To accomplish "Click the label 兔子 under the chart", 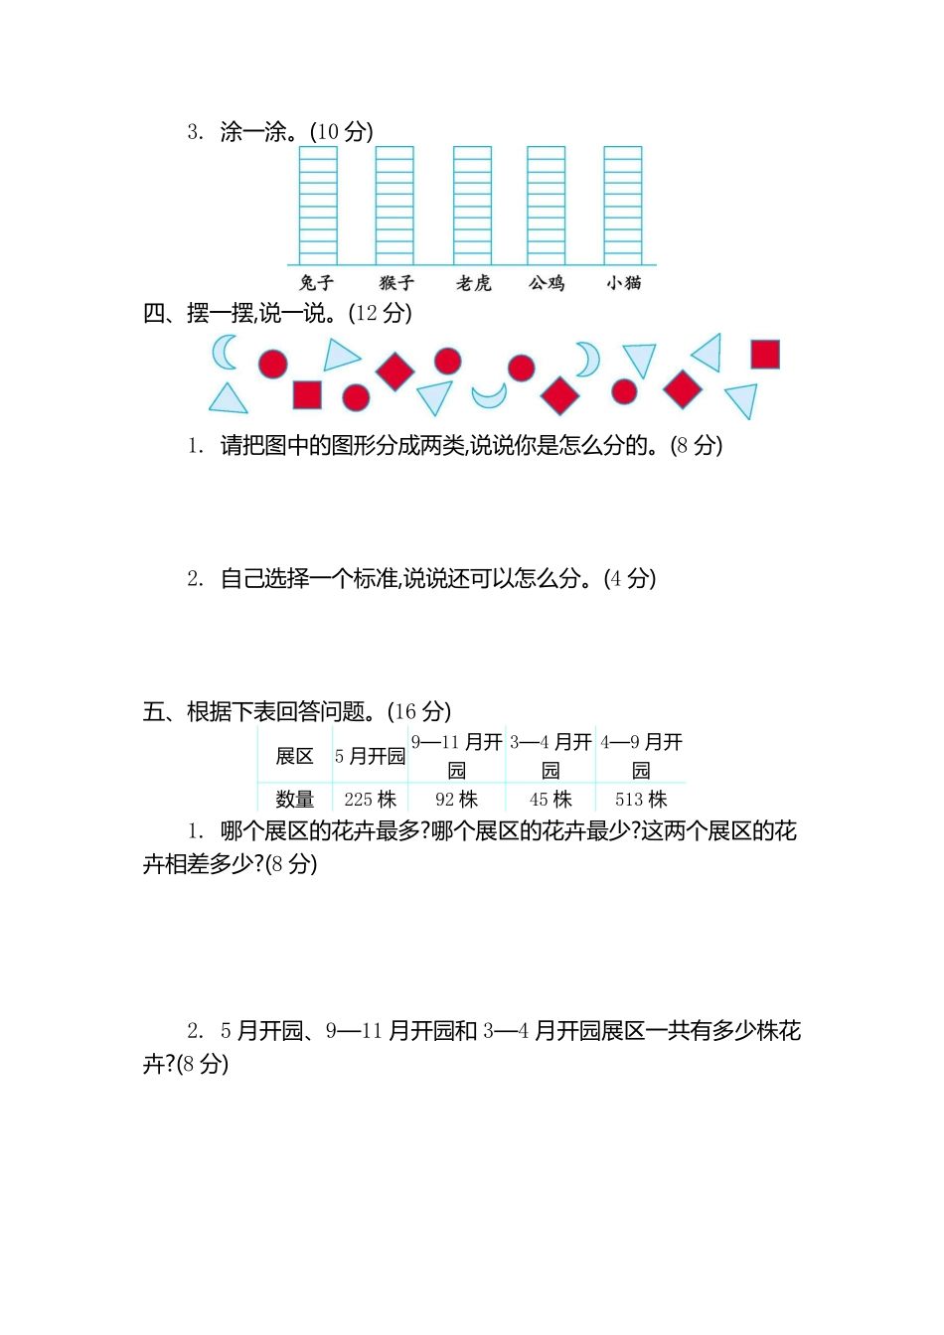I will coord(317,283).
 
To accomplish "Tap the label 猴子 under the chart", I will coord(396,283).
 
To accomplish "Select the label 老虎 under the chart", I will coord(474,283).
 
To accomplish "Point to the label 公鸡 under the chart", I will coord(547,283).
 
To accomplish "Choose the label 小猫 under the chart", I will coord(624,283).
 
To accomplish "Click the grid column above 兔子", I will coord(319,205).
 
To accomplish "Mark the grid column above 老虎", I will coord(472,205).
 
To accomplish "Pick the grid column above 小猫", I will coord(623,205).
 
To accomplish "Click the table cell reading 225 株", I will coord(370,799).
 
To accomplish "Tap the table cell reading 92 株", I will coord(456,799).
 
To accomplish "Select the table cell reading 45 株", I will coord(551,799).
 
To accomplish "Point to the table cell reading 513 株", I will coord(641,799).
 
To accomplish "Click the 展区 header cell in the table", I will coord(294,756).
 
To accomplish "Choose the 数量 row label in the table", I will coord(294,799).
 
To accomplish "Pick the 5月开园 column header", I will coord(370,756).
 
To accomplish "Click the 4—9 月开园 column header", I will coord(641,755).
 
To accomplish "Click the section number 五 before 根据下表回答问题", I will coord(154,711).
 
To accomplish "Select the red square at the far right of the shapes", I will coord(765,355).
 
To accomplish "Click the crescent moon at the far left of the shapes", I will coord(225,352).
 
